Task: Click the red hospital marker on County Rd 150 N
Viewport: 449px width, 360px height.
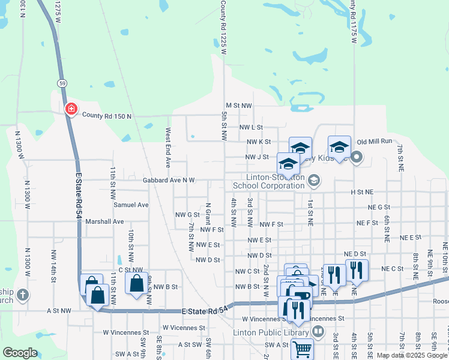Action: [x=71, y=109]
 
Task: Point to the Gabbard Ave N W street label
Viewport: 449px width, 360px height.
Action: [x=169, y=180]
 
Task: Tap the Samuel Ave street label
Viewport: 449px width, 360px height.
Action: [x=131, y=205]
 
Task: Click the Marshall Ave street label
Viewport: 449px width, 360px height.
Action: [x=104, y=221]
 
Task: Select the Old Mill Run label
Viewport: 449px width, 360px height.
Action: [x=374, y=141]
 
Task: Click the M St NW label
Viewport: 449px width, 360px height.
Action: [x=239, y=105]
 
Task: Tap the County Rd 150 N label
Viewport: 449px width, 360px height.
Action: [x=106, y=115]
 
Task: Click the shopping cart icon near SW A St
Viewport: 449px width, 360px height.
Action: [x=303, y=348]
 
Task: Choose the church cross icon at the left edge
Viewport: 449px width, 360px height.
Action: [x=22, y=295]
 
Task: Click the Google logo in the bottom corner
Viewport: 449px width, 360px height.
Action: [x=20, y=353]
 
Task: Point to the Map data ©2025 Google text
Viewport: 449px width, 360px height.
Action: [x=412, y=355]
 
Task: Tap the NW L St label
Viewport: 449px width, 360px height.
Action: [x=252, y=127]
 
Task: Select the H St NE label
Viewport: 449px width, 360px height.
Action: [x=362, y=192]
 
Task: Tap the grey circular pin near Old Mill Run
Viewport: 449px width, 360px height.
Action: [x=357, y=158]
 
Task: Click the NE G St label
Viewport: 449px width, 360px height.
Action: [x=379, y=207]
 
